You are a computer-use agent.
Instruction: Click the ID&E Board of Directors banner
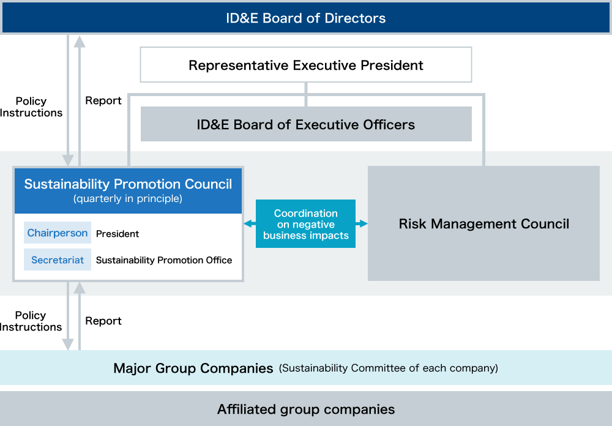pyautogui.click(x=305, y=18)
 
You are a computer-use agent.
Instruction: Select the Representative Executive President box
pyautogui.click(x=305, y=65)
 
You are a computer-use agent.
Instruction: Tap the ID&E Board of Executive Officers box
pyautogui.click(x=306, y=124)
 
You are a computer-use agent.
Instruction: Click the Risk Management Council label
pyautogui.click(x=483, y=224)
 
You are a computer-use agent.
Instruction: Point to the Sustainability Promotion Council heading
pyautogui.click(x=128, y=184)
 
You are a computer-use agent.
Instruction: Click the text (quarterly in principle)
pyautogui.click(x=128, y=199)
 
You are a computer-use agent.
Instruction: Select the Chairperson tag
pyautogui.click(x=58, y=233)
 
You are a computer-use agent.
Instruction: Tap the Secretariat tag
pyautogui.click(x=58, y=260)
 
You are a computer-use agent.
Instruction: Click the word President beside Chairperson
pyautogui.click(x=118, y=233)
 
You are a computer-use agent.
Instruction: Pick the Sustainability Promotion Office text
pyautogui.click(x=164, y=260)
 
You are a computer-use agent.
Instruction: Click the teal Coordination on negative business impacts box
pyautogui.click(x=305, y=224)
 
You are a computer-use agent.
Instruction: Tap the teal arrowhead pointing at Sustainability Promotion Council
pyautogui.click(x=248, y=224)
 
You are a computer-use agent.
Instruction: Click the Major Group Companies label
pyautogui.click(x=193, y=368)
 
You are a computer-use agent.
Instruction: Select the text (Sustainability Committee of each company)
pyautogui.click(x=389, y=368)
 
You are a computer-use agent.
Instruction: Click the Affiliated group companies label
pyautogui.click(x=306, y=409)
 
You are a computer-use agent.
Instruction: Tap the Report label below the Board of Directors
pyautogui.click(x=103, y=101)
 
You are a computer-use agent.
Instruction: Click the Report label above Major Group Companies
pyautogui.click(x=103, y=321)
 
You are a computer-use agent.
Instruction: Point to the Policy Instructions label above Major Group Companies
pyautogui.click(x=31, y=321)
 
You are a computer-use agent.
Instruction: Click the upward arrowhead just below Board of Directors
pyautogui.click(x=80, y=42)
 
